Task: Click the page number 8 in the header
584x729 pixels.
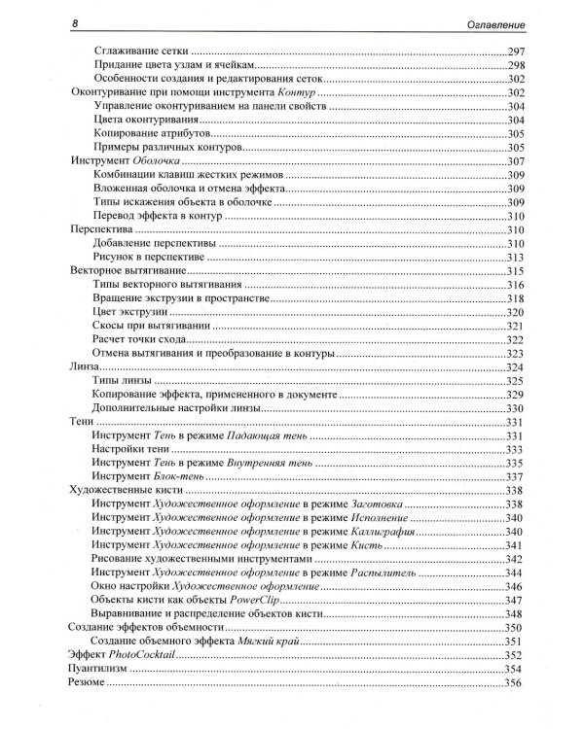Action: pyautogui.click(x=64, y=20)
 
